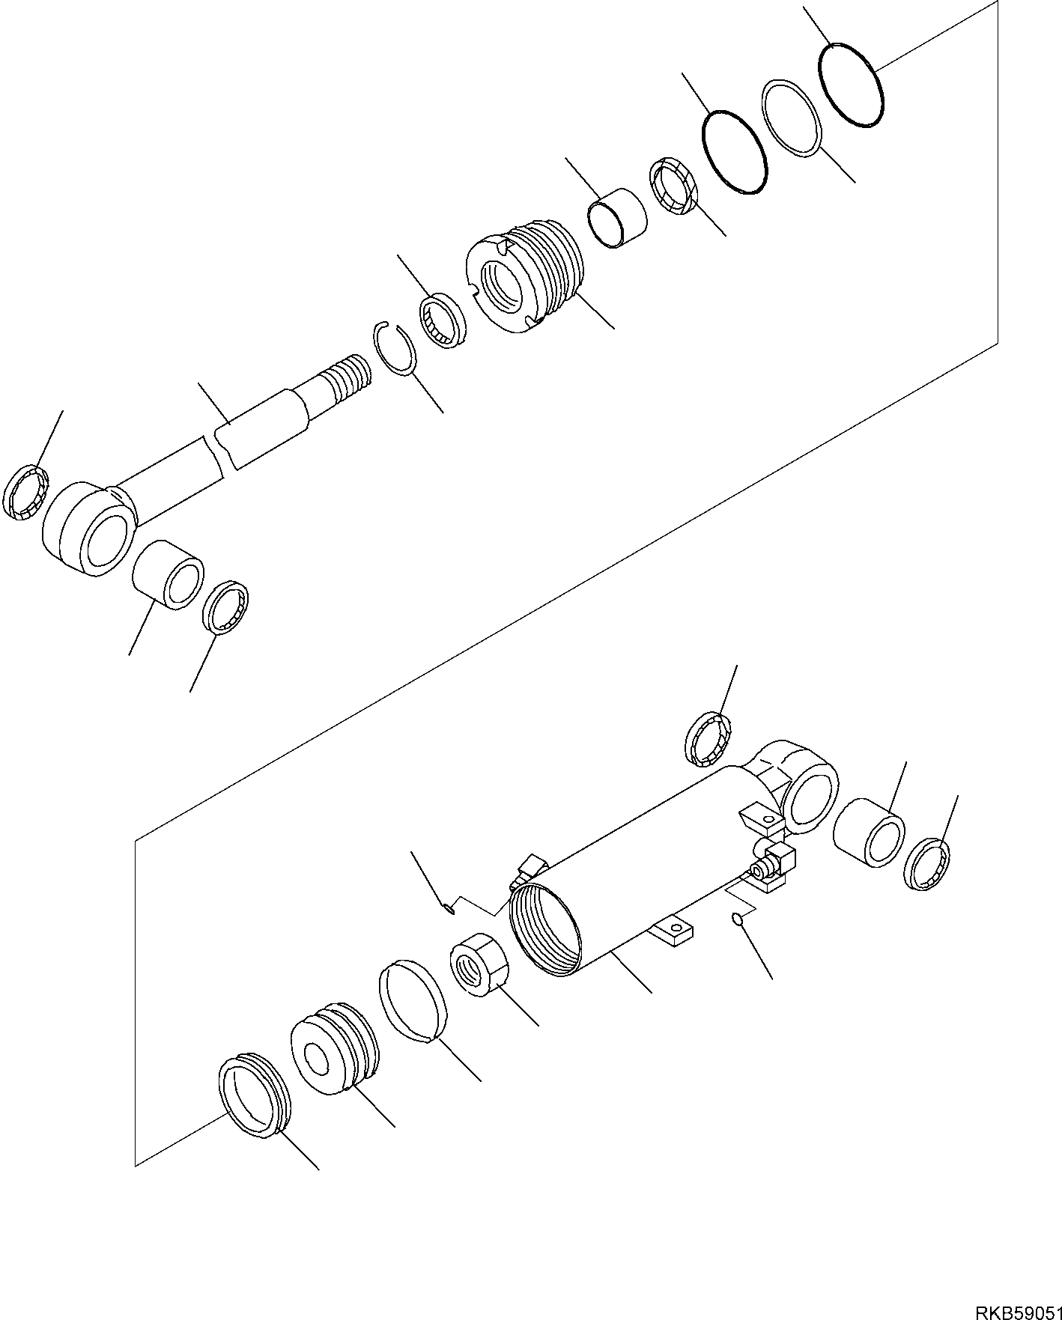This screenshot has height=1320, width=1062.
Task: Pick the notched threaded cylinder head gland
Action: click(x=524, y=276)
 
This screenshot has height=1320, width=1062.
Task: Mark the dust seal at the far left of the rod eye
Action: click(x=25, y=491)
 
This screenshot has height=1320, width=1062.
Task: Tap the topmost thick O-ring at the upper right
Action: click(x=852, y=85)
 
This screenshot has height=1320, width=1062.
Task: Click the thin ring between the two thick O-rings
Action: click(x=792, y=118)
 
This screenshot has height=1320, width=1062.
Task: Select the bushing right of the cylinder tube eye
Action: click(x=869, y=832)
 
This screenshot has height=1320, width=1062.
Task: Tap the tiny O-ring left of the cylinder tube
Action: click(x=447, y=910)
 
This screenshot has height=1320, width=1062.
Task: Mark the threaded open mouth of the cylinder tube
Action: click(x=546, y=929)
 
